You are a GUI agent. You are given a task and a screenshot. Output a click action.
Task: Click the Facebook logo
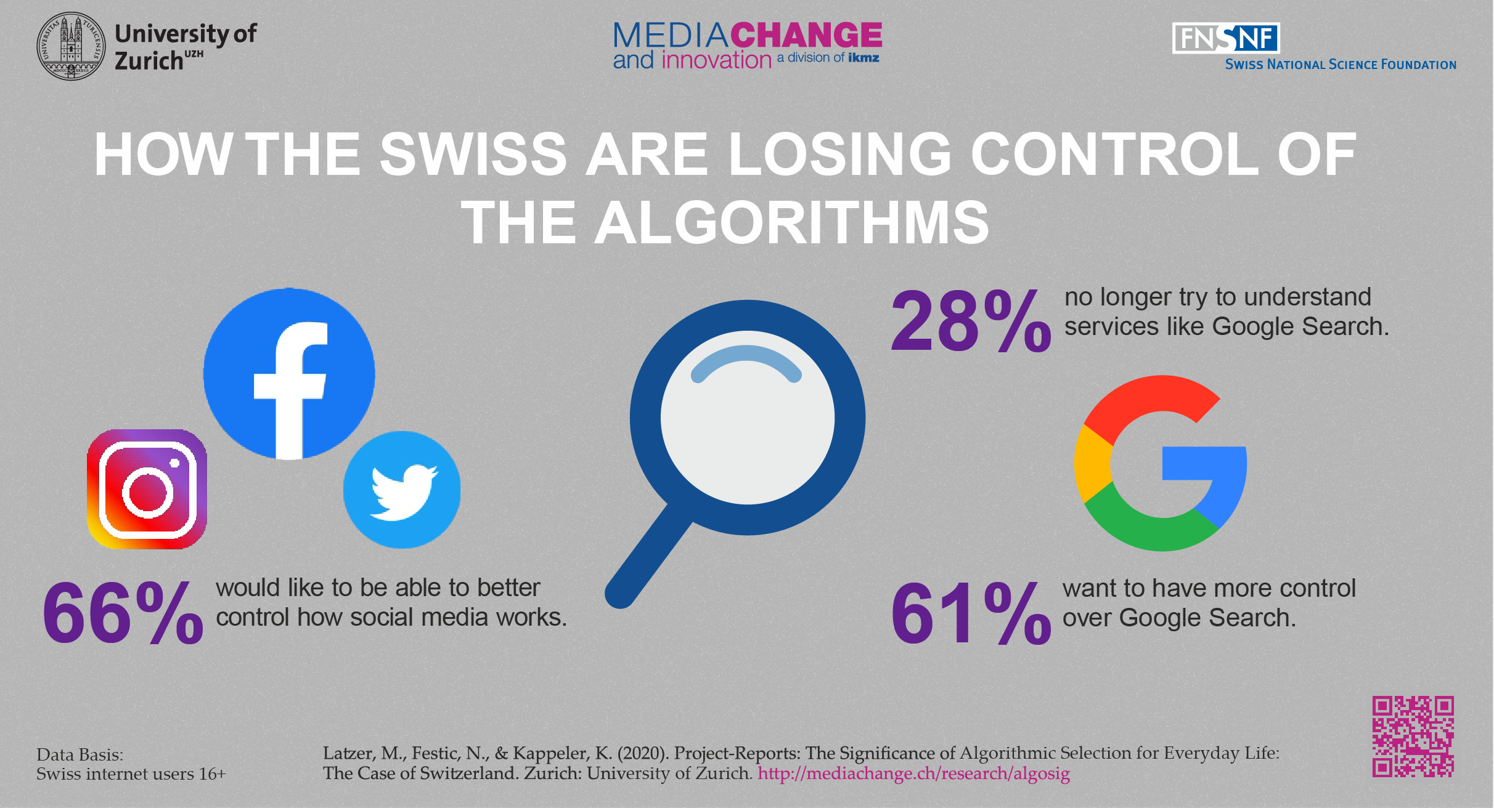tap(289, 374)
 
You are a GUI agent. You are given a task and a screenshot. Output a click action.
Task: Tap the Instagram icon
tap(147, 489)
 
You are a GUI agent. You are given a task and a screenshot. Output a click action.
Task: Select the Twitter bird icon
tap(402, 490)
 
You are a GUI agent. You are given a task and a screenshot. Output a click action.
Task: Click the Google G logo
tap(1161, 463)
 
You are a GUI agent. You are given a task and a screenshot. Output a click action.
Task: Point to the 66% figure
tap(123, 613)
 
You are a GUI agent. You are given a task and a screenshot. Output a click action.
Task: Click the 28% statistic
tap(971, 322)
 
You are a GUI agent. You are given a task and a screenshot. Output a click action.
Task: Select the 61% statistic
tap(971, 614)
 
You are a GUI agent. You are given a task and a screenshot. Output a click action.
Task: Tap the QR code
tap(1413, 737)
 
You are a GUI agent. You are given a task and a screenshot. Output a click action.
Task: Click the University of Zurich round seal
tap(71, 46)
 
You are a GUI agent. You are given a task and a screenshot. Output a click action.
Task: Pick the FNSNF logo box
tap(1225, 38)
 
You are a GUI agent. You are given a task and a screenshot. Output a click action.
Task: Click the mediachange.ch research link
tap(913, 774)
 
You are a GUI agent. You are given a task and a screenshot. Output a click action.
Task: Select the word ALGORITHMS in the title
tap(791, 223)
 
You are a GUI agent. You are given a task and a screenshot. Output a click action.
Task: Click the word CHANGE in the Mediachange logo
tap(806, 35)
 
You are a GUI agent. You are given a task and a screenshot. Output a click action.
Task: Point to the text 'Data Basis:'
tap(80, 754)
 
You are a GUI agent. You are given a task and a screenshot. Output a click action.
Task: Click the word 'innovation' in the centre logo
tap(716, 60)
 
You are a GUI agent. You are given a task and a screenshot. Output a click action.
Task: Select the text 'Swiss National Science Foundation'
tap(1340, 65)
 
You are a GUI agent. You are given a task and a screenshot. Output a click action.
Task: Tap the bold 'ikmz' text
tap(863, 58)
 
